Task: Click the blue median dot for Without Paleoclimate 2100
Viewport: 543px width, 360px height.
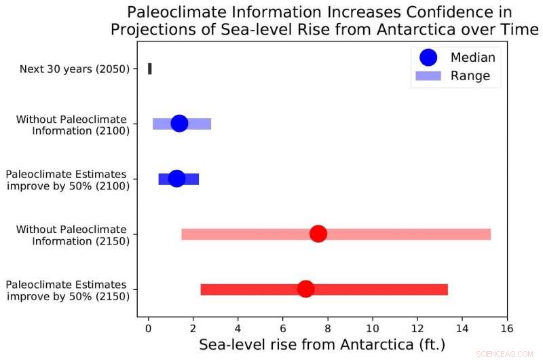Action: [179, 123]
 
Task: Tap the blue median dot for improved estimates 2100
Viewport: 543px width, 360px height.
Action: [176, 178]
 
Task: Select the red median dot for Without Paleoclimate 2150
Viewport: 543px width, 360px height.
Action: [318, 234]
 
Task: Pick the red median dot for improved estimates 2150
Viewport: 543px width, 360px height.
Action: [305, 289]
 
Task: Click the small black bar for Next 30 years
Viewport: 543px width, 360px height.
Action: [150, 69]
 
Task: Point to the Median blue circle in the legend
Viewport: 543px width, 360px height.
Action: [428, 58]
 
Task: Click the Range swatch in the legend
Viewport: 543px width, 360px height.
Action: [428, 76]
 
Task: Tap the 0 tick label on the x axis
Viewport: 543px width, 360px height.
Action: [149, 329]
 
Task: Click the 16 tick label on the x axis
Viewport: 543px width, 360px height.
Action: [506, 329]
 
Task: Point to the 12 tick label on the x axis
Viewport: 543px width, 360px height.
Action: [417, 329]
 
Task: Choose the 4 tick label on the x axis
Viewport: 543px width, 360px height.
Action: [238, 329]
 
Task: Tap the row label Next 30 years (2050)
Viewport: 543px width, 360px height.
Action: [75, 69]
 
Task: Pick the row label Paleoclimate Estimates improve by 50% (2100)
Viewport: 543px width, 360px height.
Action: [67, 179]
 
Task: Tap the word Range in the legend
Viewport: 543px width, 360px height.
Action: [470, 76]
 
